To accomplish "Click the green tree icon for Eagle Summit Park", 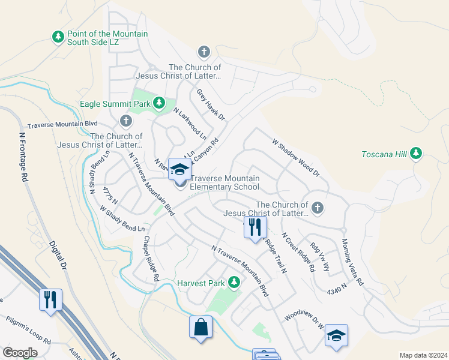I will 159,104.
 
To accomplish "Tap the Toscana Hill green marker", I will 416,154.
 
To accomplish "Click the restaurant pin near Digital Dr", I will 50,299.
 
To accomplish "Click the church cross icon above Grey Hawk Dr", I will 204,52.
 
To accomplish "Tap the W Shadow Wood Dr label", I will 296,158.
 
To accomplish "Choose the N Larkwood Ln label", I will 190,124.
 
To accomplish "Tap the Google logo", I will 20,352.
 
